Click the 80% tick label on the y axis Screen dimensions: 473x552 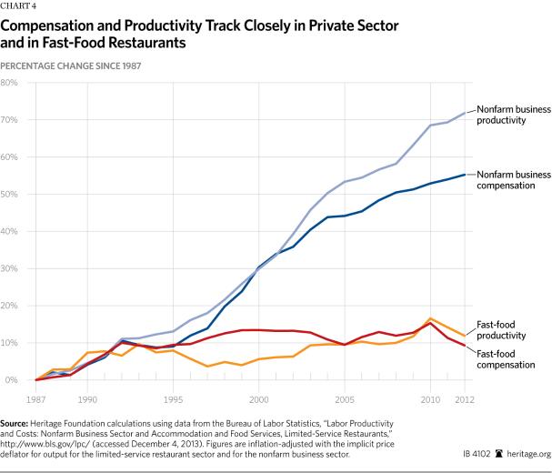(11, 83)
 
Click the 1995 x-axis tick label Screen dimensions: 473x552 (173, 398)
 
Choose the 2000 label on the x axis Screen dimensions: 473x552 (259, 398)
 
